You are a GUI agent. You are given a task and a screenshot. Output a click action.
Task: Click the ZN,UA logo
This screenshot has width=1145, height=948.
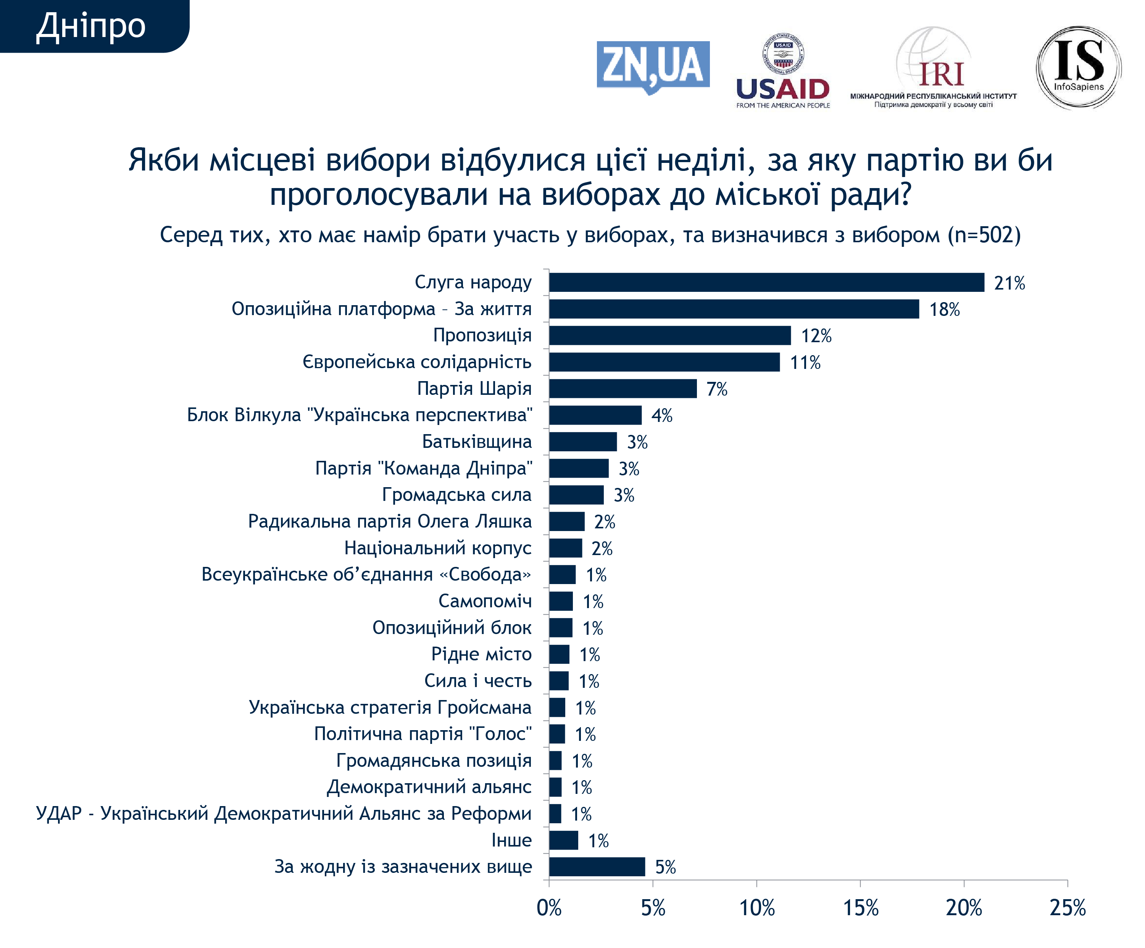[x=653, y=66]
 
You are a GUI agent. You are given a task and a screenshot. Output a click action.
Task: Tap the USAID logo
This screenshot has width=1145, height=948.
[x=782, y=71]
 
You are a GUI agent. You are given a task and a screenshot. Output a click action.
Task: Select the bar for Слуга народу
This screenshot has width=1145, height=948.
[x=766, y=282]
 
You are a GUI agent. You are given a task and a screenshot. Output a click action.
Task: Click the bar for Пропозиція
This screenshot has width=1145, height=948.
[x=669, y=335]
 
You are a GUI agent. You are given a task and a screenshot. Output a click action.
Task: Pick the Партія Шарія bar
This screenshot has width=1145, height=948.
[x=622, y=388]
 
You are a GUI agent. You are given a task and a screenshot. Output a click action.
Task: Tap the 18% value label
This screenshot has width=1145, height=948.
[x=944, y=309]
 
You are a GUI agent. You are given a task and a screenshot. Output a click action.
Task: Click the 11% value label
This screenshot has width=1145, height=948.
[x=805, y=362]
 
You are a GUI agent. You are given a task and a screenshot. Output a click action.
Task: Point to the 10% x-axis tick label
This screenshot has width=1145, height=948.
[x=757, y=908]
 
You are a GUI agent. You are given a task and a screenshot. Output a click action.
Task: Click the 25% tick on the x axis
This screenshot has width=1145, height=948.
[x=1068, y=908]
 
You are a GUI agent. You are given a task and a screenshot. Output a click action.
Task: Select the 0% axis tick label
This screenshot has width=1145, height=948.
[x=549, y=908]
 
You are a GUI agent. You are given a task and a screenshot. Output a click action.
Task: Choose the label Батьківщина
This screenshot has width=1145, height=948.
[x=477, y=441]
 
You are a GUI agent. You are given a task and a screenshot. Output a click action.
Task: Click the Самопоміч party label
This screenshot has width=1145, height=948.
[x=485, y=601]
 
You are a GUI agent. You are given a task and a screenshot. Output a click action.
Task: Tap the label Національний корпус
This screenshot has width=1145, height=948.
[x=438, y=547]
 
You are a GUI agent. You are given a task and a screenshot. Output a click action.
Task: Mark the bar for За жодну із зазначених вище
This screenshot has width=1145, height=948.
[x=597, y=866]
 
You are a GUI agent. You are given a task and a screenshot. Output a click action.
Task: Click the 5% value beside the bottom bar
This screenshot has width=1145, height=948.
[x=665, y=867]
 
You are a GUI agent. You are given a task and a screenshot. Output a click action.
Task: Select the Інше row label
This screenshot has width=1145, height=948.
[x=511, y=840]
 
